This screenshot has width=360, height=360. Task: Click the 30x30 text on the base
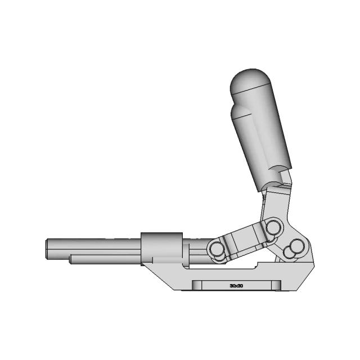point(236,286)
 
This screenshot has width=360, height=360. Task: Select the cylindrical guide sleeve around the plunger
point(161,246)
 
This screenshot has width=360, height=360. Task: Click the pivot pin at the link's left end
point(215,249)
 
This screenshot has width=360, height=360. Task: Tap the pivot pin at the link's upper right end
point(273,228)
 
